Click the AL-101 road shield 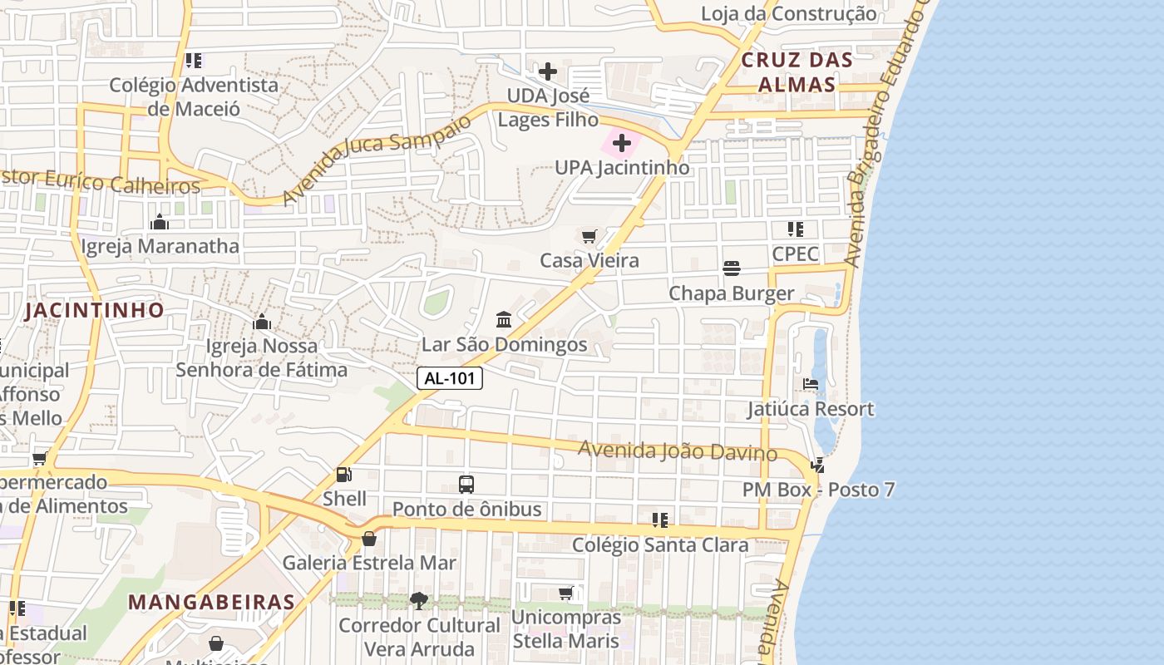click(x=450, y=378)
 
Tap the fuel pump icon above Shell click(x=343, y=475)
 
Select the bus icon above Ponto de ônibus click(x=466, y=484)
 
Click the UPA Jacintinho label click(x=622, y=167)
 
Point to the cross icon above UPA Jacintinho click(x=622, y=144)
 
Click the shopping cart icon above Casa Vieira click(x=589, y=237)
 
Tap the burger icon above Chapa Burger click(x=732, y=268)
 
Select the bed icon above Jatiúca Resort click(x=811, y=384)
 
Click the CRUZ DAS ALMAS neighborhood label click(x=797, y=71)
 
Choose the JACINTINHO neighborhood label click(x=94, y=310)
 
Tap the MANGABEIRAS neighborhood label click(x=212, y=602)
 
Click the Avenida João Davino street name click(x=678, y=451)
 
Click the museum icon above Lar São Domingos click(x=504, y=320)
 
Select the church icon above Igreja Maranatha click(x=160, y=222)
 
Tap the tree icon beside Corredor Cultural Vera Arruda click(x=419, y=600)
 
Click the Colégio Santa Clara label click(x=660, y=544)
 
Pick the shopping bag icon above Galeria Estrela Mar click(x=369, y=539)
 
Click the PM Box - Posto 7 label click(x=818, y=490)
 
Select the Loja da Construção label click(x=788, y=14)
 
